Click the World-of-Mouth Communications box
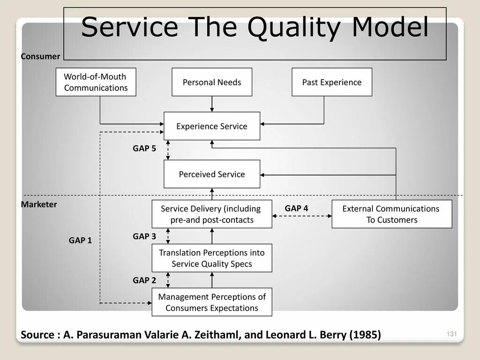(x=96, y=82)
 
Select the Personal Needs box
(x=212, y=82)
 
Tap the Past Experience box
(x=332, y=82)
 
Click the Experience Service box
(x=212, y=126)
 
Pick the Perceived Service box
(x=212, y=174)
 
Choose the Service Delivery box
(x=212, y=214)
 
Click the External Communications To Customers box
(x=391, y=214)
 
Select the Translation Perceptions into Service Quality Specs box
(x=212, y=258)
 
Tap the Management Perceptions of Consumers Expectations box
(x=212, y=302)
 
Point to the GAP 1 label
(x=81, y=240)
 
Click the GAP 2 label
(x=144, y=280)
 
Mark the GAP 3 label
(x=144, y=236)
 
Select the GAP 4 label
(x=296, y=208)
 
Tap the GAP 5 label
(x=144, y=148)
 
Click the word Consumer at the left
(x=41, y=56)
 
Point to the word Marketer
(x=39, y=204)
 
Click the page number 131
(x=451, y=334)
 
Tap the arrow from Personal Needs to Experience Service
(x=212, y=104)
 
